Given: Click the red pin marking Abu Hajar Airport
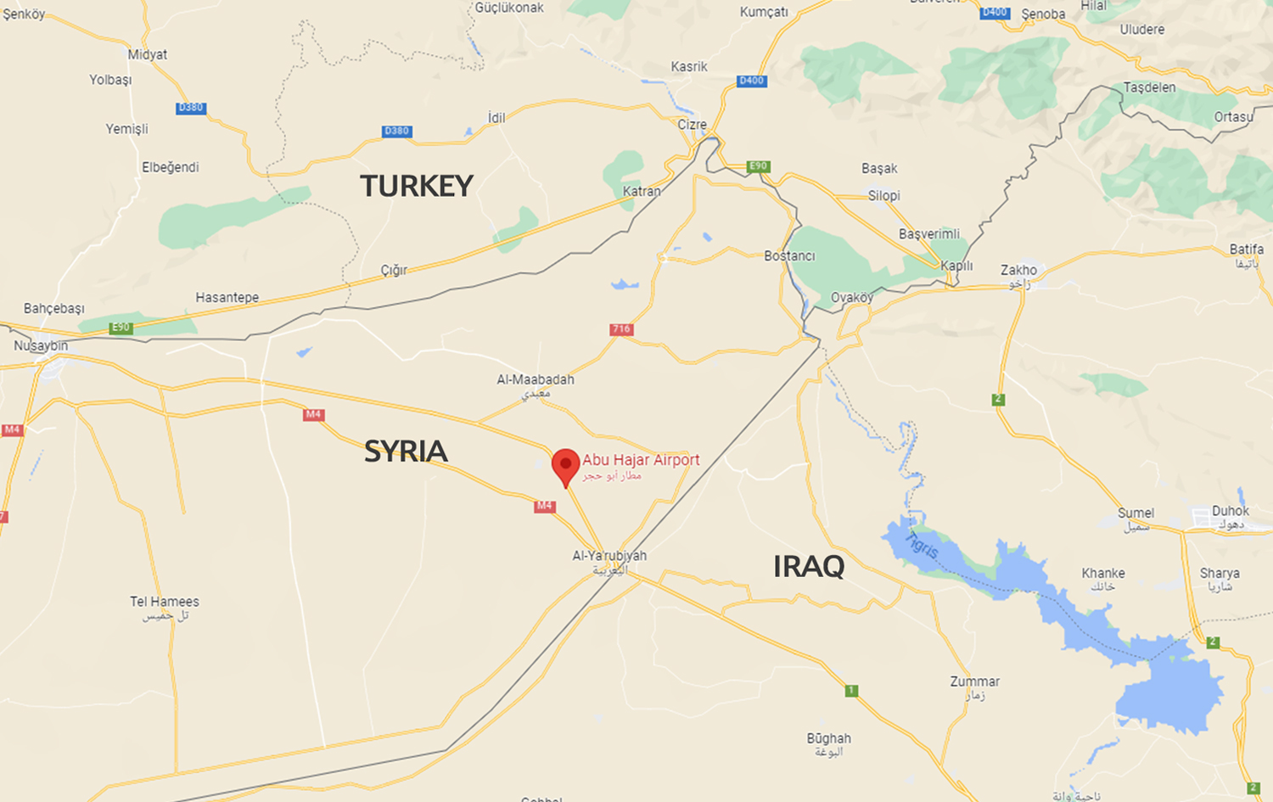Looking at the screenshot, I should (x=565, y=465).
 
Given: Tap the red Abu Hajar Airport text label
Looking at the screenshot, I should (x=641, y=460).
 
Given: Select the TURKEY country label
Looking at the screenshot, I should (x=416, y=186).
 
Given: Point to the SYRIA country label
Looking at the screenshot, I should (x=406, y=451).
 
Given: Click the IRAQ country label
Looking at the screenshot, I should (x=808, y=566).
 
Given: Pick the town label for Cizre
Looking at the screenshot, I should (x=692, y=125).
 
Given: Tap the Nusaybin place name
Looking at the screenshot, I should (x=41, y=345).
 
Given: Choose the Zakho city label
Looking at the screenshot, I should (x=1018, y=271).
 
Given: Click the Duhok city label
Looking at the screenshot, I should (x=1230, y=511).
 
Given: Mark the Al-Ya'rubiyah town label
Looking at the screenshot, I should (x=609, y=556).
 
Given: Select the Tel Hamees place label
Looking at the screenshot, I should (x=165, y=602).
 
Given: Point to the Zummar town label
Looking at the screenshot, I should (x=974, y=681).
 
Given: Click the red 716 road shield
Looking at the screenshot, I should (x=621, y=329).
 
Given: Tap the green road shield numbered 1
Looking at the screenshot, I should (x=851, y=691).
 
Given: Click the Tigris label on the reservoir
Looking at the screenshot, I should (x=921, y=545).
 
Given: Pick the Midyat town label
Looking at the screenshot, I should (x=148, y=54).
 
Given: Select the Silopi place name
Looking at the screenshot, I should (x=883, y=196).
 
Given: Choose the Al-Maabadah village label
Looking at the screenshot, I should (x=536, y=379).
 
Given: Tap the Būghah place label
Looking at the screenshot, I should (x=828, y=739).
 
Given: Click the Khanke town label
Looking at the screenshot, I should (x=1103, y=574).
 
